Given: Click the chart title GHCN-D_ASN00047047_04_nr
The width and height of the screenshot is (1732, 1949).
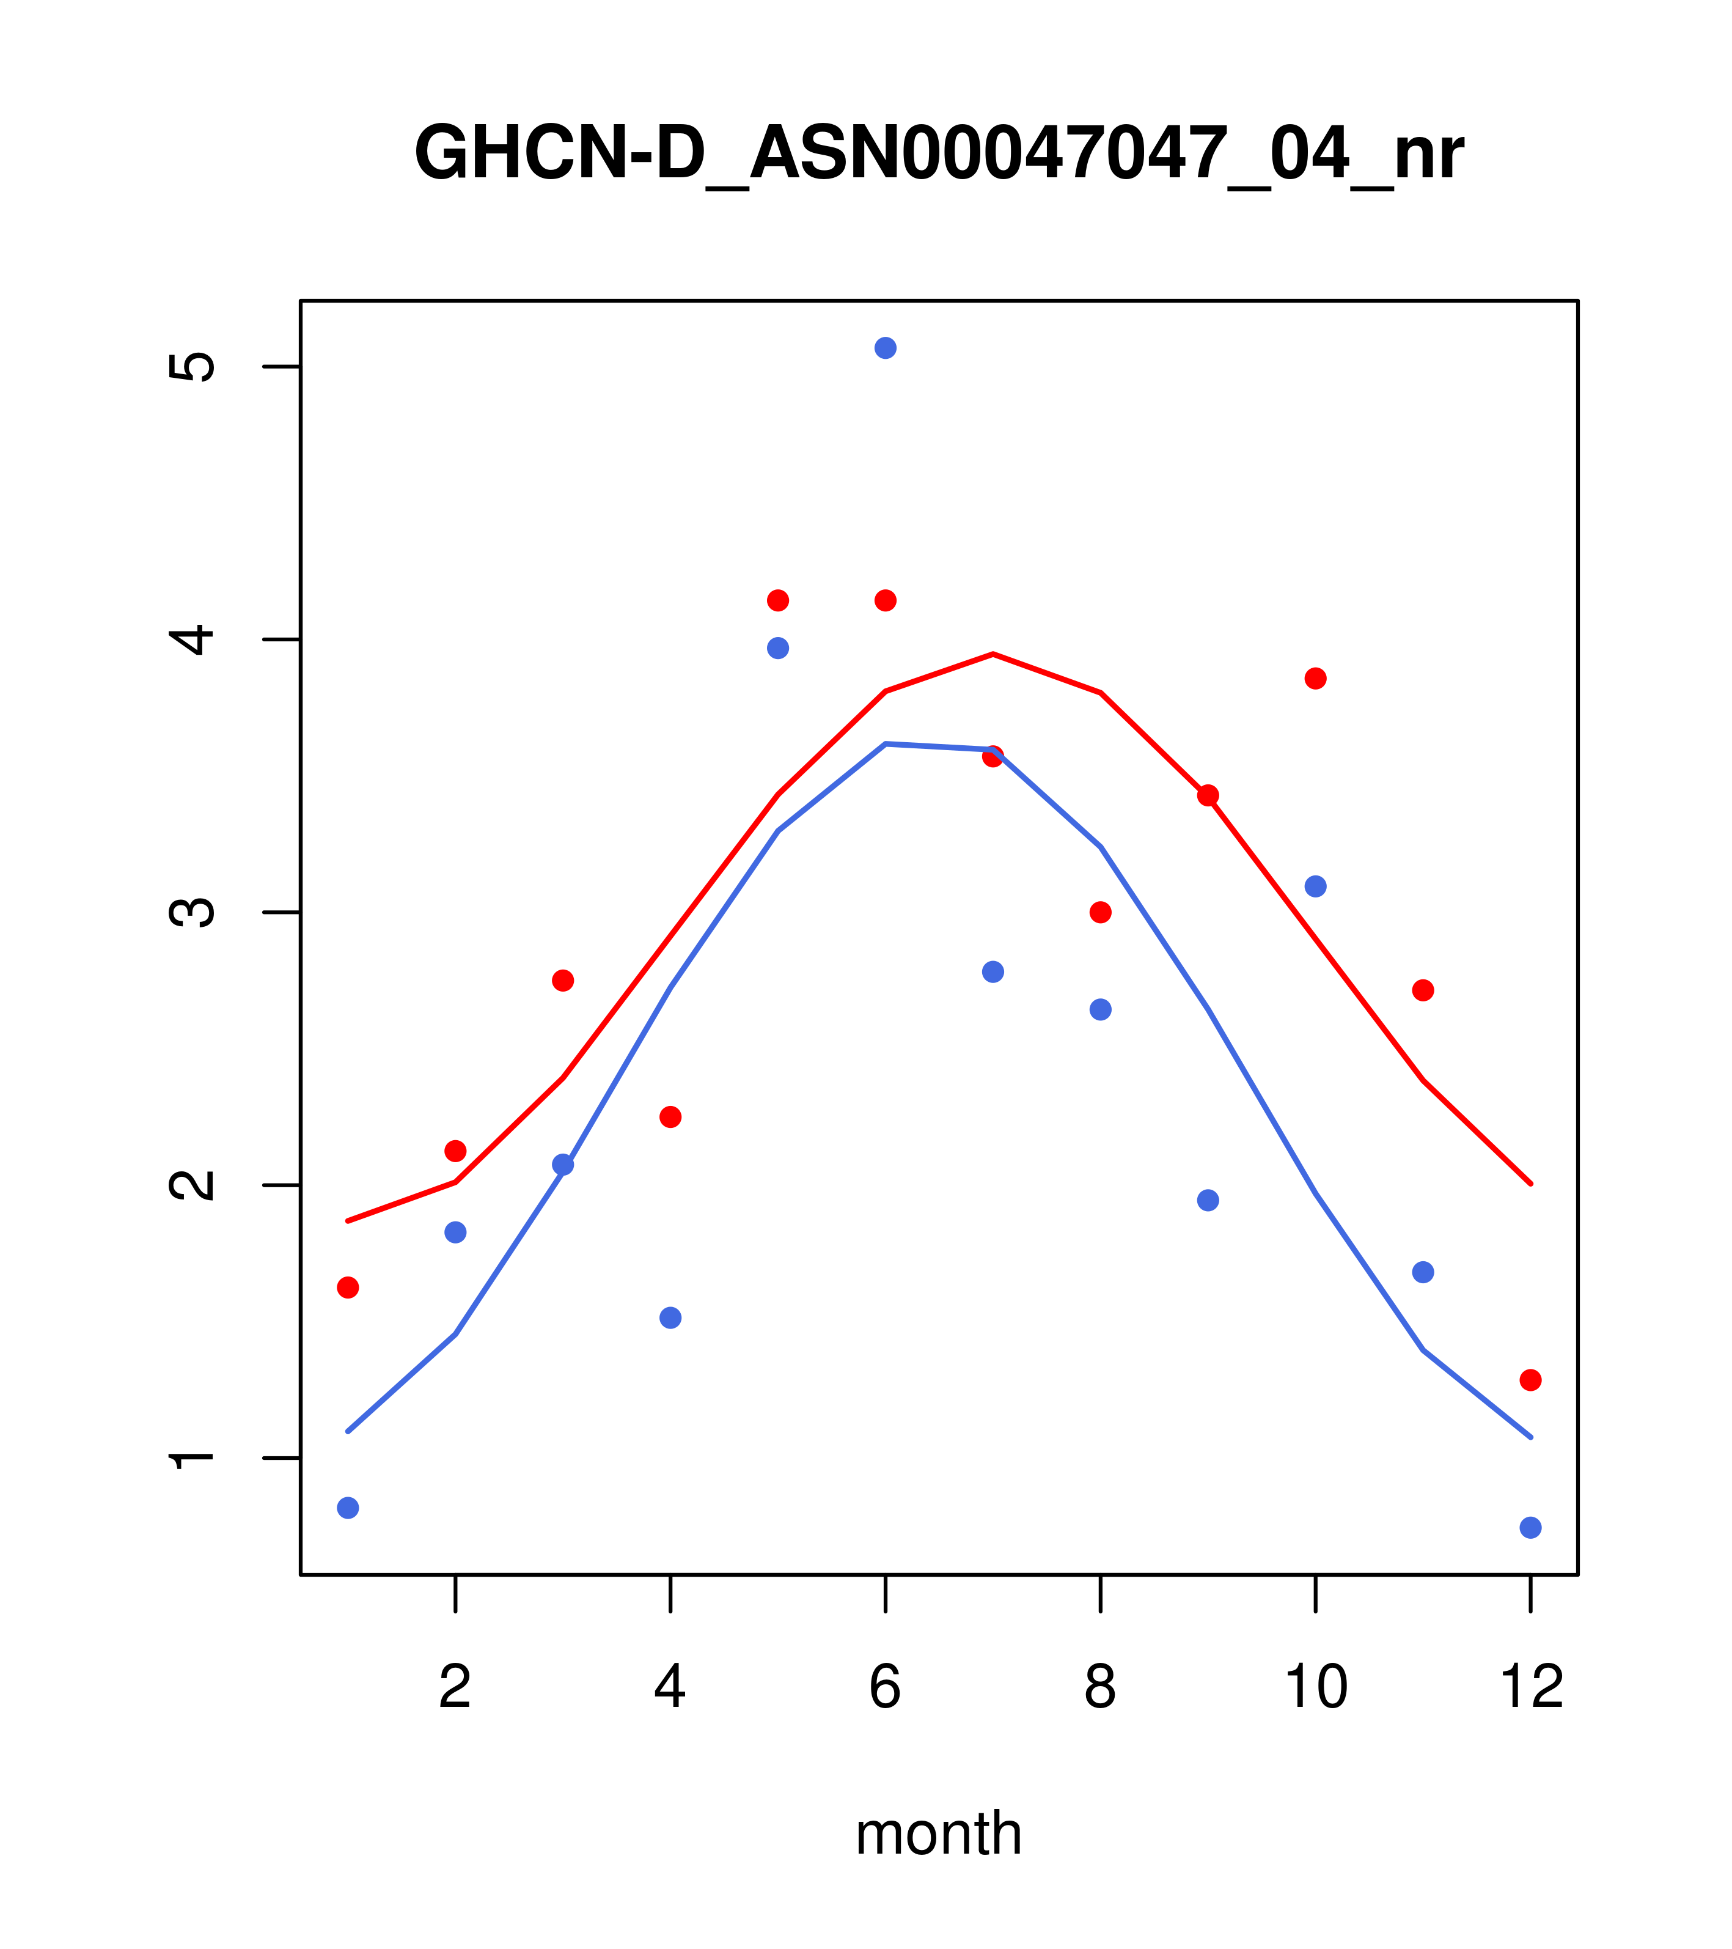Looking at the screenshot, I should [x=938, y=153].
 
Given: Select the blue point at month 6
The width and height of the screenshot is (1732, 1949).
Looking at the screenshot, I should [x=886, y=348].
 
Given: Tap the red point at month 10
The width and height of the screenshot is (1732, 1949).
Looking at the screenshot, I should [x=1315, y=679].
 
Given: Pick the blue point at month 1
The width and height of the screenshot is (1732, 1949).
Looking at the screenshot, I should [x=348, y=1508].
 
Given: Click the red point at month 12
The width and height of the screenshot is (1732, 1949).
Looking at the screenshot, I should [x=1531, y=1380].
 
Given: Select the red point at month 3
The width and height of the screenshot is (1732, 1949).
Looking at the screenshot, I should [x=563, y=980].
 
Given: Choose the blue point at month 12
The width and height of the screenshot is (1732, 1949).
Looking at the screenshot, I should [x=1531, y=1528].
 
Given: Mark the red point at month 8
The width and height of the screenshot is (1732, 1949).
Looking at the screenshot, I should [x=1100, y=913].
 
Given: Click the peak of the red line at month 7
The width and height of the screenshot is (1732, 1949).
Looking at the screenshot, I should [x=993, y=654].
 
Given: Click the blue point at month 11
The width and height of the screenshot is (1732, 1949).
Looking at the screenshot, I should [x=1423, y=1272].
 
